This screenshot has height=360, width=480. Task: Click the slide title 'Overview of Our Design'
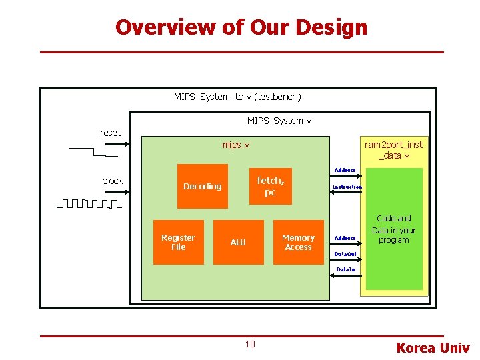[x=241, y=27]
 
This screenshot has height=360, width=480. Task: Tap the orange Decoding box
[x=202, y=187]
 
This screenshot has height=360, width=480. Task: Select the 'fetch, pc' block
[x=270, y=186]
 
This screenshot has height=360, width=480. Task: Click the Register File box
[x=178, y=242]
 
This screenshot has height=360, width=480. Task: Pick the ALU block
[x=238, y=242]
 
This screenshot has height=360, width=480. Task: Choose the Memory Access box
[x=298, y=242]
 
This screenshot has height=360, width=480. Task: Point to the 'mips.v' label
[x=236, y=145]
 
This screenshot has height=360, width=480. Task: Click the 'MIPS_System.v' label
[x=279, y=121]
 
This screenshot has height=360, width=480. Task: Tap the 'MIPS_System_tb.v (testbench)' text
[x=237, y=97]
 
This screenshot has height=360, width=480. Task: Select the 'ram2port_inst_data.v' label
[x=393, y=150]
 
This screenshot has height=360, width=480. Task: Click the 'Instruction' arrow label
[x=347, y=187]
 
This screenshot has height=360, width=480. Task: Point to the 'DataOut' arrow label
[x=345, y=254]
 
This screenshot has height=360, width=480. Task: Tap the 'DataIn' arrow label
[x=345, y=269]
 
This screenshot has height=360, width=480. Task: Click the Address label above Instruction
[x=345, y=171]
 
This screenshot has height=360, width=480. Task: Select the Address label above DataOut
[x=345, y=238]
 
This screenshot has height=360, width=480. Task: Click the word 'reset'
[x=111, y=133]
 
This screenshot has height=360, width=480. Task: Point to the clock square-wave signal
[x=89, y=203]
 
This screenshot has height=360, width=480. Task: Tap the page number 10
[x=249, y=344]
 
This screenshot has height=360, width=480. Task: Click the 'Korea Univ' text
[x=433, y=347]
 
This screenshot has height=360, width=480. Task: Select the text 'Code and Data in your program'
[x=393, y=229]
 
